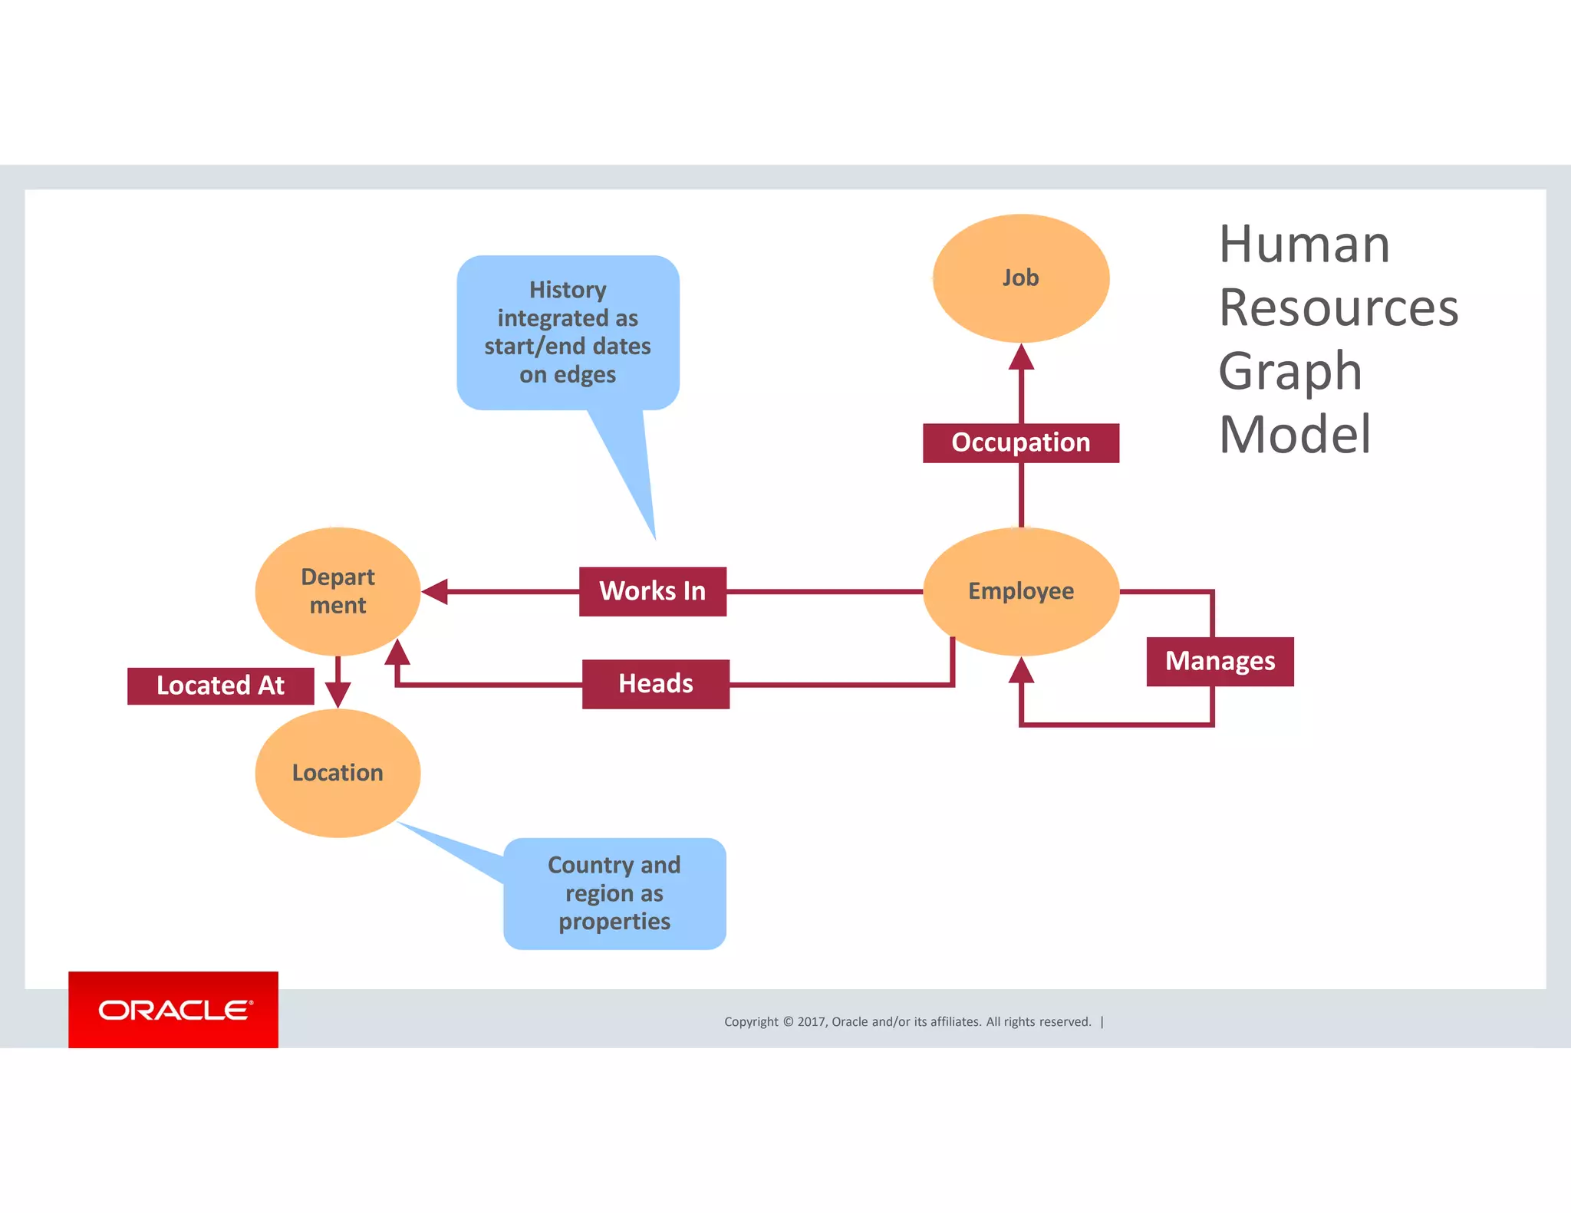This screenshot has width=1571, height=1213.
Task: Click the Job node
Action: tap(1020, 278)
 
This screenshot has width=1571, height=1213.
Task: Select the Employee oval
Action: tap(1020, 591)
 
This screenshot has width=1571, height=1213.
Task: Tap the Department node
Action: tap(338, 591)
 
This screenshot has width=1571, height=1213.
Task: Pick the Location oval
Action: tap(338, 772)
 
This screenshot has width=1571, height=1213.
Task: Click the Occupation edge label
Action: tap(1020, 442)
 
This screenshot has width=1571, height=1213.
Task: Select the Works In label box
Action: tap(652, 591)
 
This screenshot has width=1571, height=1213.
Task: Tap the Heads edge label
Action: tap(655, 683)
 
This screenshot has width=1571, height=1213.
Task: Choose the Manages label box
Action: tap(1220, 661)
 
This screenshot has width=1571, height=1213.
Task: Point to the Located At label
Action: tap(220, 685)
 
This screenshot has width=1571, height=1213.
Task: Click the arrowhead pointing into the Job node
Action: tap(1021, 358)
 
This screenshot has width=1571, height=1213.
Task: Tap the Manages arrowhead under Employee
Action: tap(1021, 671)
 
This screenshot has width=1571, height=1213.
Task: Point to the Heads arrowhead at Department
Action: tap(397, 653)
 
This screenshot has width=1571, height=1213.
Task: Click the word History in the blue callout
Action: tap(568, 290)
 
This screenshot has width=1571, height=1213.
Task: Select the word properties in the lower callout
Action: tap(614, 922)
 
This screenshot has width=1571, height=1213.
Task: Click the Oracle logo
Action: tap(173, 1010)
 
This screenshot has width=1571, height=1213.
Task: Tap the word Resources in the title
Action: tap(1338, 307)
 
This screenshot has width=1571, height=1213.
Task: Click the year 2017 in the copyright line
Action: tap(811, 1021)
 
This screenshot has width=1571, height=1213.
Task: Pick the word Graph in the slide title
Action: tap(1290, 371)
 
